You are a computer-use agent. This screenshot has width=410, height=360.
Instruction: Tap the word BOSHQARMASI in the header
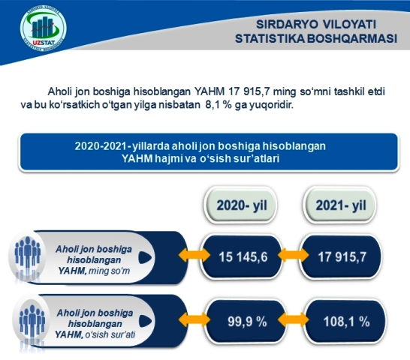tap(352, 38)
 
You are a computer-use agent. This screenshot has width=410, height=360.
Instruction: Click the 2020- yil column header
tap(241, 205)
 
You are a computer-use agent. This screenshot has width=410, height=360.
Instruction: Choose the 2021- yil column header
tap(340, 205)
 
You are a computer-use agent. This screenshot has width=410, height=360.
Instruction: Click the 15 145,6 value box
tap(243, 256)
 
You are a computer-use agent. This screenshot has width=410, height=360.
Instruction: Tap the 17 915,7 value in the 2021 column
tap(342, 256)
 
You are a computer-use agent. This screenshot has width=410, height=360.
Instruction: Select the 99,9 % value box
tap(246, 322)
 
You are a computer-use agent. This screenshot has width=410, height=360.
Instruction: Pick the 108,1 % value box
tap(346, 322)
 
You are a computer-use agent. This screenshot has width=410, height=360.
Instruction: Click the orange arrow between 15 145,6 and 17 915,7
tap(293, 255)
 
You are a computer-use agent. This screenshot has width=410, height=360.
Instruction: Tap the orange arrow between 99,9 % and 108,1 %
tap(293, 319)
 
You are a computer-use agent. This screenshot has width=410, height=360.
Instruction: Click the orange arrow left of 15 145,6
tap(194, 255)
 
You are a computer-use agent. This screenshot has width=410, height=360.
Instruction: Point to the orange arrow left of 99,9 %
tap(194, 319)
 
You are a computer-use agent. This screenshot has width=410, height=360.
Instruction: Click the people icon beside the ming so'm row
tap(27, 255)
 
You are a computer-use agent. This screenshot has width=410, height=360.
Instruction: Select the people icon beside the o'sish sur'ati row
tap(32, 321)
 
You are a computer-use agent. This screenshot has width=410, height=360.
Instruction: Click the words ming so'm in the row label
tap(110, 271)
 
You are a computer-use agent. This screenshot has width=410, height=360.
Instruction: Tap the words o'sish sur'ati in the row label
tap(110, 334)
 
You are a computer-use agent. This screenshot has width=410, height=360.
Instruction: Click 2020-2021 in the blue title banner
tap(101, 146)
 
